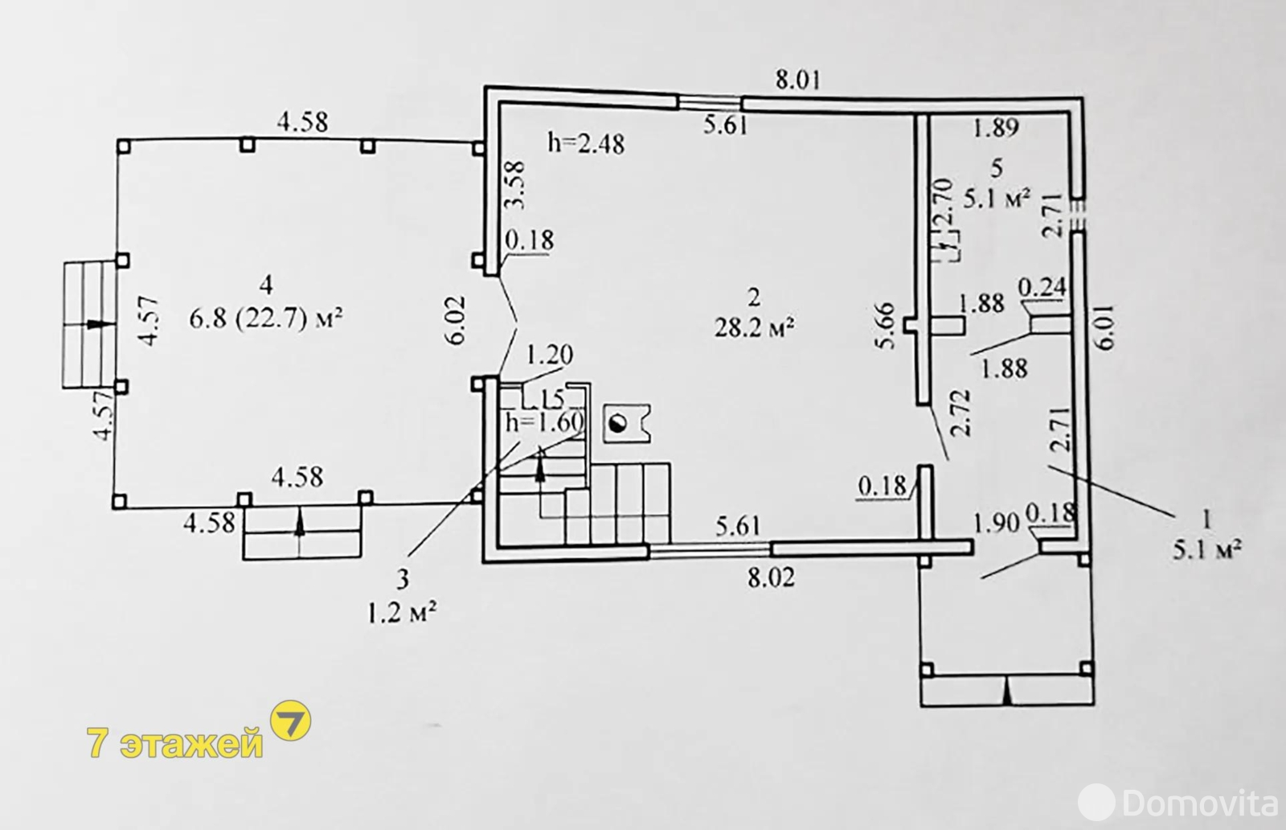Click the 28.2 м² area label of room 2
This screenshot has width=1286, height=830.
(x=754, y=329)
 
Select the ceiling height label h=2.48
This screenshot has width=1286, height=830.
(x=585, y=143)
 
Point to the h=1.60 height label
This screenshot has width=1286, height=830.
(x=543, y=421)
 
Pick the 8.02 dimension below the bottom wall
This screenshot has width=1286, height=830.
(x=771, y=577)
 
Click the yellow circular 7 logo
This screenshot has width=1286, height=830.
(x=291, y=721)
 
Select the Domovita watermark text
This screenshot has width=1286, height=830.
(x=1200, y=802)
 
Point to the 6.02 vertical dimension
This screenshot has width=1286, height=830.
(x=457, y=319)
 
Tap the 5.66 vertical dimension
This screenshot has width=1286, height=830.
(x=886, y=326)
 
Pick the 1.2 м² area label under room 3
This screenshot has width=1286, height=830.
(x=402, y=615)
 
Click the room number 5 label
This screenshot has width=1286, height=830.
(x=997, y=168)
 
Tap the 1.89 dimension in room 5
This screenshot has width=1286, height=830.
(x=996, y=126)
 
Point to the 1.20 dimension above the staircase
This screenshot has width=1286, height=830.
(x=549, y=355)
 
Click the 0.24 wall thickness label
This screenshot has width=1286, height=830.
(x=1042, y=286)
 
